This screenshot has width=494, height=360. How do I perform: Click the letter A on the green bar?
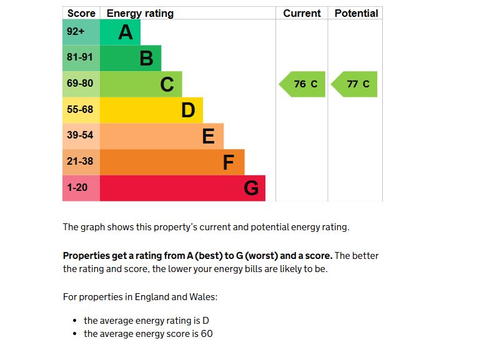(126, 32)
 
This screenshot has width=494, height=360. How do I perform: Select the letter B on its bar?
(146, 59)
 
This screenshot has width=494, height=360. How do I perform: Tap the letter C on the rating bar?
(167, 84)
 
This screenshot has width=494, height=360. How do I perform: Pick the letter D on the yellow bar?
(188, 110)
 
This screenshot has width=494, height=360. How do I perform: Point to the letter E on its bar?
(209, 136)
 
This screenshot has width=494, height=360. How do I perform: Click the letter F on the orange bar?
(229, 162)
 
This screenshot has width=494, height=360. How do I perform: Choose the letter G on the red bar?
(251, 188)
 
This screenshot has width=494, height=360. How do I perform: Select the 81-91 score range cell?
(81, 58)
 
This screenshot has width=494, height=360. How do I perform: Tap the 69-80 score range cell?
(81, 84)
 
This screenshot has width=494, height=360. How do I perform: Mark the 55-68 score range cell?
(81, 110)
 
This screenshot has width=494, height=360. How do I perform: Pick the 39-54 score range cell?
(81, 135)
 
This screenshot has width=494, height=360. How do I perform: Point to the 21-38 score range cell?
(81, 162)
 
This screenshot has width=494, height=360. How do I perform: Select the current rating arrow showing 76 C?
(303, 84)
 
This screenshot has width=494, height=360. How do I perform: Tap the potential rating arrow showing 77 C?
(355, 84)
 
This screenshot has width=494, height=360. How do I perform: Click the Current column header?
(302, 13)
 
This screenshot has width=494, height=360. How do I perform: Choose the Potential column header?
(356, 13)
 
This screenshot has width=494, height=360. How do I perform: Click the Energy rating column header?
(141, 13)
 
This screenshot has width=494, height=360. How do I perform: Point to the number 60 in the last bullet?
(207, 334)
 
